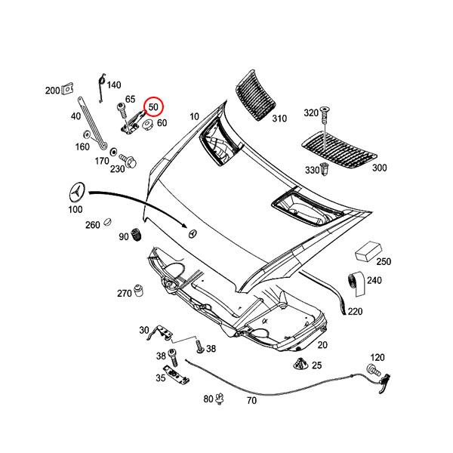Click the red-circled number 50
[x=153, y=106]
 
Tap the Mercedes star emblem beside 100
[x=77, y=191]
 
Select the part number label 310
[x=279, y=119]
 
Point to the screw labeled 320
[x=325, y=115]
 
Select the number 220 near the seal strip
[x=355, y=311]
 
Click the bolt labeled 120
[x=372, y=368]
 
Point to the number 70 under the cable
[x=251, y=401]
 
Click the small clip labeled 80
[x=220, y=398]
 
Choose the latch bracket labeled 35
[x=176, y=375]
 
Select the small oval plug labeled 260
[x=108, y=223]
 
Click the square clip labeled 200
[x=67, y=90]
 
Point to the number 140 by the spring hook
[x=113, y=85]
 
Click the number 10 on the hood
[x=195, y=116]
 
